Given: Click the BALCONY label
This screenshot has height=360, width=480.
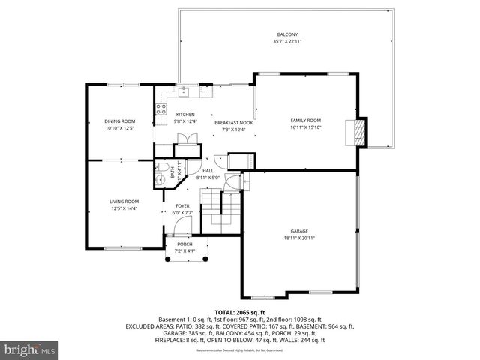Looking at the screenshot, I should point(287,34).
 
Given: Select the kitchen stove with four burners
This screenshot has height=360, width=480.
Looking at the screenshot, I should point(160,113).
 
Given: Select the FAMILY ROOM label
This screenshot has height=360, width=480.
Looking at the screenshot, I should point(305,120).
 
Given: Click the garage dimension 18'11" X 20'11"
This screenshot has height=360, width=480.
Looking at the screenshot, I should point(299,238).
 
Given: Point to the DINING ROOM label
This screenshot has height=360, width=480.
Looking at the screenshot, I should point(119,121).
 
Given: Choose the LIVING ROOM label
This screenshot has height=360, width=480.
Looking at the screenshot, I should point(124,201).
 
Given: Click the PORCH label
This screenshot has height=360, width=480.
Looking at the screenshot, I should point(184,244).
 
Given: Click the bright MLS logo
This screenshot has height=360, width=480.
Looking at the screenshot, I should point(30,349).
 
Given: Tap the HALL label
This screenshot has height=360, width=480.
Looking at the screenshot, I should point(208,171).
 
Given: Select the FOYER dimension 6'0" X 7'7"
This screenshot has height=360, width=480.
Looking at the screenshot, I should point(183,213).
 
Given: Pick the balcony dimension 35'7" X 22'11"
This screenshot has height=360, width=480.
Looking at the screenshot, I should point(287,42).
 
